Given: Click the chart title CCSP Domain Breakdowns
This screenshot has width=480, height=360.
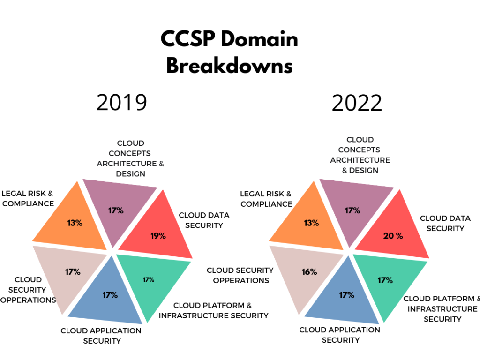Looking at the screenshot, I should click(x=230, y=52).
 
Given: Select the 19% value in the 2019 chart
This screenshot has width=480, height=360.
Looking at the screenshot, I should click(x=158, y=236).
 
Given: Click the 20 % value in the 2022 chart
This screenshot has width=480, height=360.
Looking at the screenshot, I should click(x=393, y=236).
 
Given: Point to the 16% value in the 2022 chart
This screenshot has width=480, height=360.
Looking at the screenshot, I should click(x=309, y=271).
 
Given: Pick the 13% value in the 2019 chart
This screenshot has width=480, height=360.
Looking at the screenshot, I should click(x=75, y=223).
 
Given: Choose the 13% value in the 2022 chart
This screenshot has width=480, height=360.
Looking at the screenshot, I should click(x=311, y=223).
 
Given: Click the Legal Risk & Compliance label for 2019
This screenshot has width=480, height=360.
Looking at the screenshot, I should click(x=28, y=198).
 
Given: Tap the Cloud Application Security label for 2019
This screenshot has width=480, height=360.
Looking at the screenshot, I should click(x=101, y=336).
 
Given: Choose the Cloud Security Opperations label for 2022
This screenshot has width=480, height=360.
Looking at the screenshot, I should click(x=240, y=275).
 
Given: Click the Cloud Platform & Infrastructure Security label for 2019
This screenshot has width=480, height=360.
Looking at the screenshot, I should click(x=213, y=310).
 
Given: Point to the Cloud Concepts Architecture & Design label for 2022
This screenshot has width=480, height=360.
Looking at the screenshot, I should click(x=360, y=155).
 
